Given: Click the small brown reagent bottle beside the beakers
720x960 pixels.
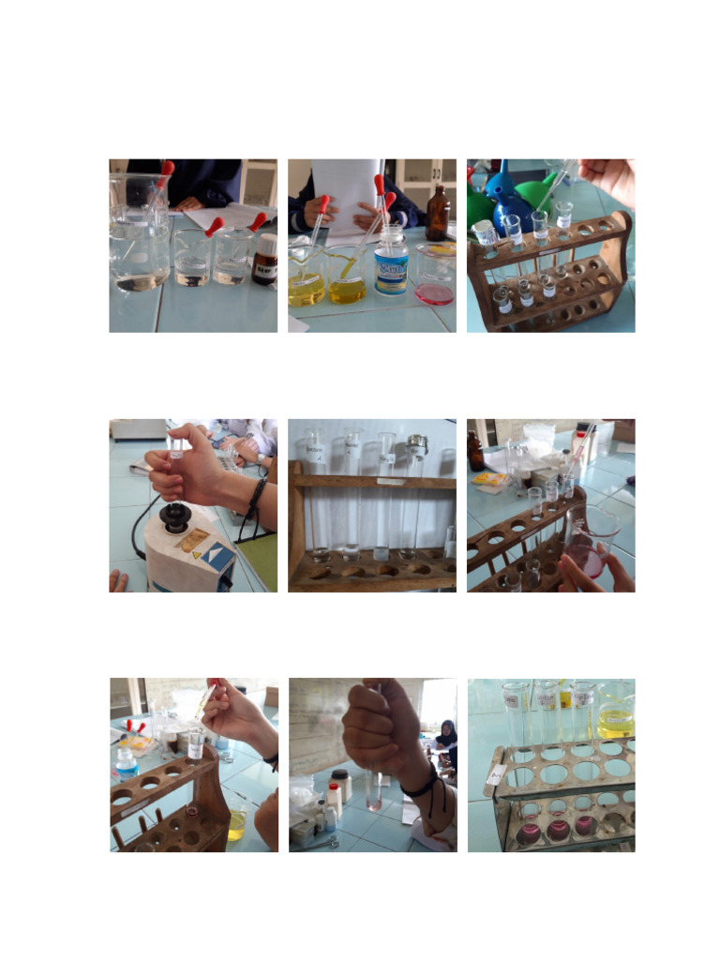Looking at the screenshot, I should point(265,259).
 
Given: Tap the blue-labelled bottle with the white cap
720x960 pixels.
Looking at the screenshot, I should point(391,265).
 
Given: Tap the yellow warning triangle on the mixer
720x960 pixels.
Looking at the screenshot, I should point(197,554).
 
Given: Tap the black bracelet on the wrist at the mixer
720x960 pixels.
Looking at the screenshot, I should point(255,497).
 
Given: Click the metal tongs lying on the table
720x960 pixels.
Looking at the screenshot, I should point(324,844).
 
